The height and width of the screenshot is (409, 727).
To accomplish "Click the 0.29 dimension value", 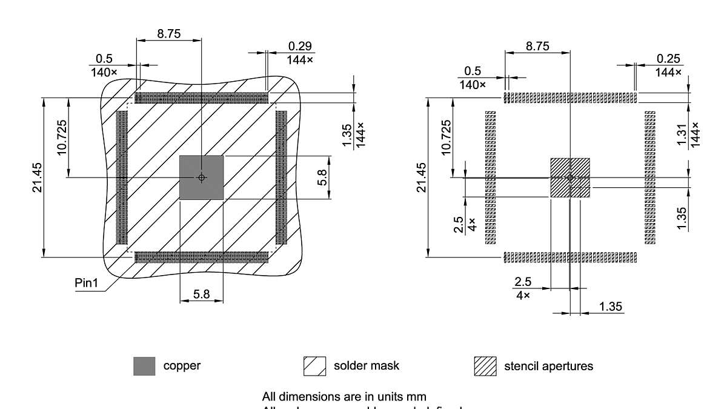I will click(x=300, y=46).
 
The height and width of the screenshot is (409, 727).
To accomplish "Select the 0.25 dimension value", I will click(x=668, y=59).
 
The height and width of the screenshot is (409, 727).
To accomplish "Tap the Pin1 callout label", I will click(x=86, y=284).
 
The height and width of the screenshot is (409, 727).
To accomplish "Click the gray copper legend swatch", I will click(x=144, y=366).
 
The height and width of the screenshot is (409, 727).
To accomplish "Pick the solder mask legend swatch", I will click(x=314, y=366).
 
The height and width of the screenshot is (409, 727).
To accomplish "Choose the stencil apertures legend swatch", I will click(x=485, y=366).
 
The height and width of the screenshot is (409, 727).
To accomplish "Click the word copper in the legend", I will click(x=182, y=365).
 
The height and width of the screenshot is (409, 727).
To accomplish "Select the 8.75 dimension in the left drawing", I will click(x=168, y=35).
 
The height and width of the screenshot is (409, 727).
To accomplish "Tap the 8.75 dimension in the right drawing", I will click(x=537, y=47).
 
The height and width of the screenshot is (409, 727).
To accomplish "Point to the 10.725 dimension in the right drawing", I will click(x=446, y=138).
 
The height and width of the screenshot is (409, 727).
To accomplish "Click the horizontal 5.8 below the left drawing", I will click(x=202, y=294).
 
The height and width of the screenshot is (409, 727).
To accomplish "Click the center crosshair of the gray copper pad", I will click(x=202, y=178).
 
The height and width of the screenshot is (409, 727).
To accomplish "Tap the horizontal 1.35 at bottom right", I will click(x=611, y=307).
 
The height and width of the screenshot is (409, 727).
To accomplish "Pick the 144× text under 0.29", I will click(x=300, y=59).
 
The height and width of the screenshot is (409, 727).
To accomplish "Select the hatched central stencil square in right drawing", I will click(x=569, y=178).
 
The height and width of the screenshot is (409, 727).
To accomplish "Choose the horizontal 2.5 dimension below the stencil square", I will click(x=523, y=282).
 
